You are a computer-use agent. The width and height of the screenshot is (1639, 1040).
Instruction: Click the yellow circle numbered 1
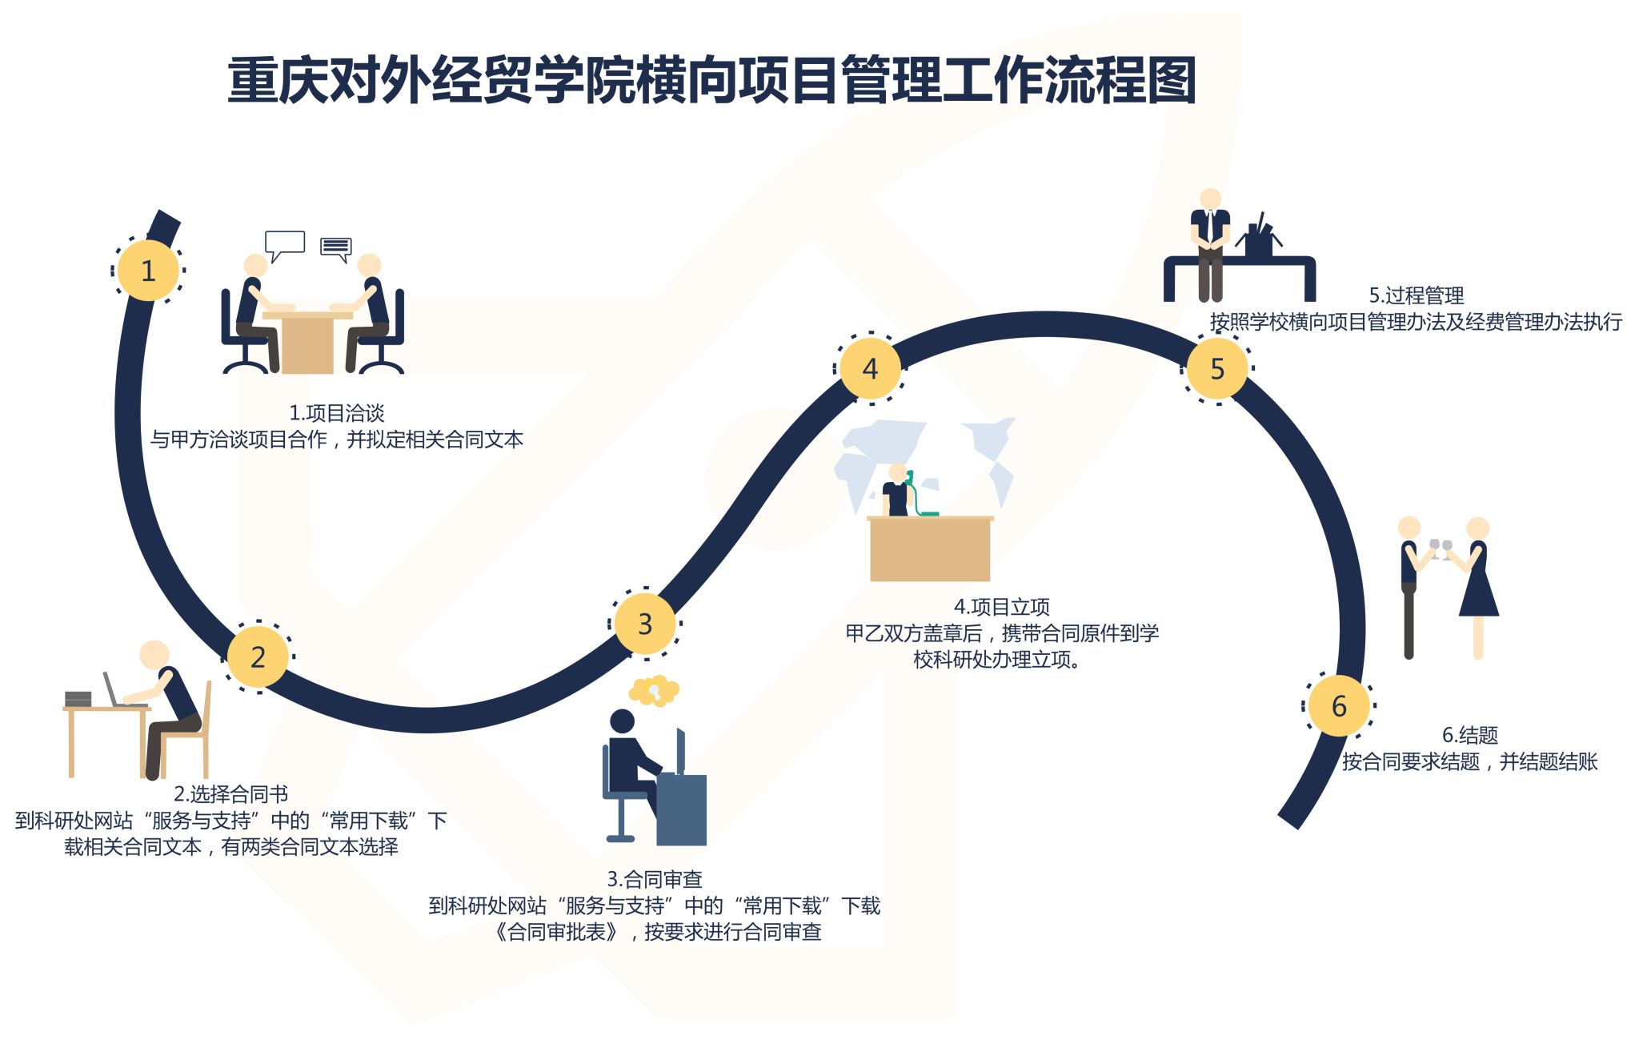click(148, 271)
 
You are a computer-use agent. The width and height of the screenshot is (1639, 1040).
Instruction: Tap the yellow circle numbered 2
click(258, 657)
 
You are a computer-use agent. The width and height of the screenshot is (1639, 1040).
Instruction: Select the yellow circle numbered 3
click(645, 624)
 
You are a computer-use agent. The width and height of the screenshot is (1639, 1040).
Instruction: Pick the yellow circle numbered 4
click(870, 368)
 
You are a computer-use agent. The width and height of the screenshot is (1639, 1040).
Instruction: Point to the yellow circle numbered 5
click(1217, 368)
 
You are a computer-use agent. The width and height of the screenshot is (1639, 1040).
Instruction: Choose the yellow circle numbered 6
click(1339, 706)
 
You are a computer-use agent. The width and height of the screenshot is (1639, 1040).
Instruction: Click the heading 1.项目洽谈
click(337, 413)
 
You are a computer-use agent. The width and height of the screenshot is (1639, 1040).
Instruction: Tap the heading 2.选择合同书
click(231, 794)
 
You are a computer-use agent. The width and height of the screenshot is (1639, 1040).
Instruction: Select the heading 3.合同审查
click(655, 879)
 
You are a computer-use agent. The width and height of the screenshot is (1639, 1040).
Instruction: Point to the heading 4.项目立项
click(1002, 607)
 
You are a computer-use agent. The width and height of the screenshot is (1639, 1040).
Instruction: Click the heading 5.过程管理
click(1417, 295)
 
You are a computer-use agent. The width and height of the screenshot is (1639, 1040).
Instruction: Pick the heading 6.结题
click(1470, 735)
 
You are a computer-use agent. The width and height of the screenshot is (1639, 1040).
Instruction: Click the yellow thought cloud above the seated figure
click(655, 690)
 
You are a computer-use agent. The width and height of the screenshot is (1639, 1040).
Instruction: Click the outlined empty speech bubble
click(284, 243)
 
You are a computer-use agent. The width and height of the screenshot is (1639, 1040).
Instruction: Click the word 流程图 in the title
click(1120, 80)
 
